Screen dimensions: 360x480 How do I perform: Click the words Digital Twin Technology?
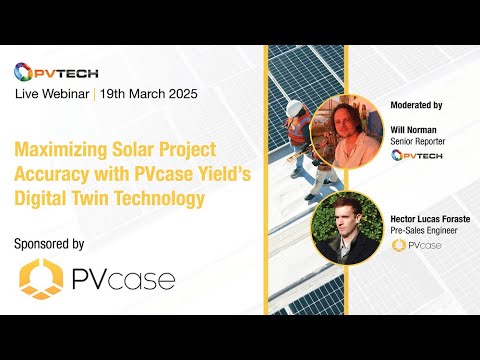pos(110,198)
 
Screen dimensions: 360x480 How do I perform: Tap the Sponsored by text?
pos(50,243)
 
